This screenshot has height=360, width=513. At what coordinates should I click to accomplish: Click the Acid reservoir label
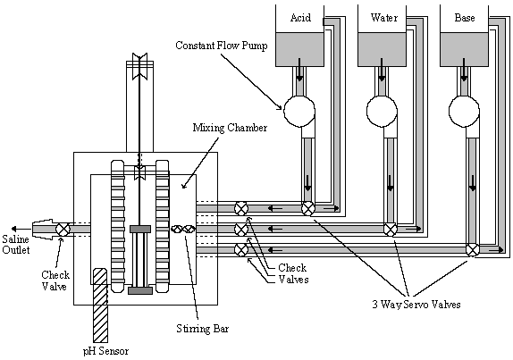(300, 17)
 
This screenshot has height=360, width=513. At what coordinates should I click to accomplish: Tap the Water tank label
(384, 17)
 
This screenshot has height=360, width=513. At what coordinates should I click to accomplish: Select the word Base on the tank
(465, 17)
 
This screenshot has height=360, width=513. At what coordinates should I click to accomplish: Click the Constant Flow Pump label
(221, 46)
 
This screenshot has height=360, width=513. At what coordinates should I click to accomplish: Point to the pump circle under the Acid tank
(299, 111)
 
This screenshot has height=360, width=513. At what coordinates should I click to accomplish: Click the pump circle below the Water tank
(382, 111)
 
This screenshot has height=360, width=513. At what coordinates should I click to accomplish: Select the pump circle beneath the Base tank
(464, 111)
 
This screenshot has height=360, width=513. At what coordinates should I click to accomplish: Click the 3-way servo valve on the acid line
(307, 209)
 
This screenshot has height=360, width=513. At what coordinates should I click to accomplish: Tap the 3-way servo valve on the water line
(391, 230)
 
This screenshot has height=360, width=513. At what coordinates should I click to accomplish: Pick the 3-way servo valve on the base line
(473, 250)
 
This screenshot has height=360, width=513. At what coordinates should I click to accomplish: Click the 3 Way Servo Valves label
(416, 305)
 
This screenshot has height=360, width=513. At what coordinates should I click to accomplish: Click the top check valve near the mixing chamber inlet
(241, 209)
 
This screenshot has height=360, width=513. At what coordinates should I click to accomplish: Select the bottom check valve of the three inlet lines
(241, 250)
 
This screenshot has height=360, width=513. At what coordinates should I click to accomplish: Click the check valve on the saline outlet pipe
(63, 229)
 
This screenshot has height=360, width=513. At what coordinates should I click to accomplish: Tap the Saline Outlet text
(16, 244)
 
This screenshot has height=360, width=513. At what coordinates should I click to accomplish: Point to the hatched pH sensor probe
(100, 306)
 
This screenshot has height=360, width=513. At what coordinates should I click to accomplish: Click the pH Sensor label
(105, 351)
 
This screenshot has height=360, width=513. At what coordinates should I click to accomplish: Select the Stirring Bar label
(203, 328)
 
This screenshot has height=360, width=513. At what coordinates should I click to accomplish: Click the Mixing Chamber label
(230, 128)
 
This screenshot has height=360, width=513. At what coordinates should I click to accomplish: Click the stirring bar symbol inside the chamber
(183, 229)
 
